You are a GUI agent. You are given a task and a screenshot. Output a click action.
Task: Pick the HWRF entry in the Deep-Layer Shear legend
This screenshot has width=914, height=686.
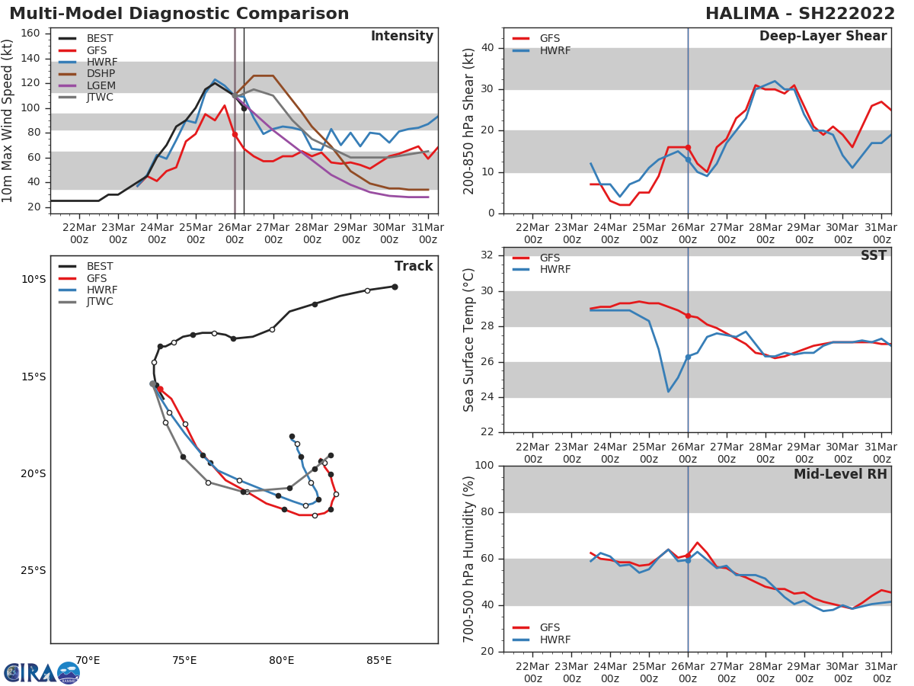554,50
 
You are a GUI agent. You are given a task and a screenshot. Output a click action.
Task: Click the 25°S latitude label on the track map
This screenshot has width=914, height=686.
33,570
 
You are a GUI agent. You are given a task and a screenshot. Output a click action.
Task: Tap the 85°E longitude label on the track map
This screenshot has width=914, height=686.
379,660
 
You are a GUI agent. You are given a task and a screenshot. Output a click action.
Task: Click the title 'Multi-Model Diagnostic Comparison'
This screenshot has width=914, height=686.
179,14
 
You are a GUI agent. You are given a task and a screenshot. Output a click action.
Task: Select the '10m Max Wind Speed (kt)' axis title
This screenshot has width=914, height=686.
8,120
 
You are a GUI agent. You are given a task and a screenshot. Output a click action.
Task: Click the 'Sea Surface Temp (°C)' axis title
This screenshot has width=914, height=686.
469,340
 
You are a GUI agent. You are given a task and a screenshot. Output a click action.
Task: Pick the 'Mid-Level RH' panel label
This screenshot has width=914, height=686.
840,474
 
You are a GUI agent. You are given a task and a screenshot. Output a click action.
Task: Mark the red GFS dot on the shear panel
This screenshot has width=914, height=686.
688,147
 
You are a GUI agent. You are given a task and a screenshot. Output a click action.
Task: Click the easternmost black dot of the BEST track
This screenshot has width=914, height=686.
395,287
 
